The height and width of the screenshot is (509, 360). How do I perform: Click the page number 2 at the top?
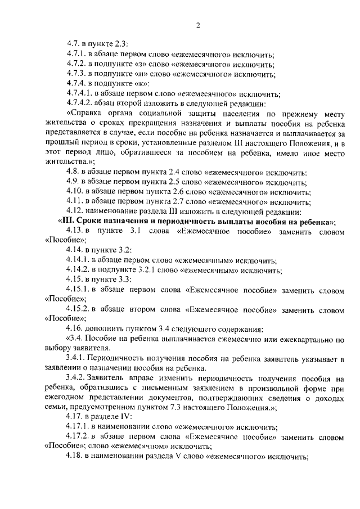pos(199,25)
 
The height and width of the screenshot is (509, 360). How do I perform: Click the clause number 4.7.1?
pos(75,55)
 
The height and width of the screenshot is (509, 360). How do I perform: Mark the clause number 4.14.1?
pos(78,260)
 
